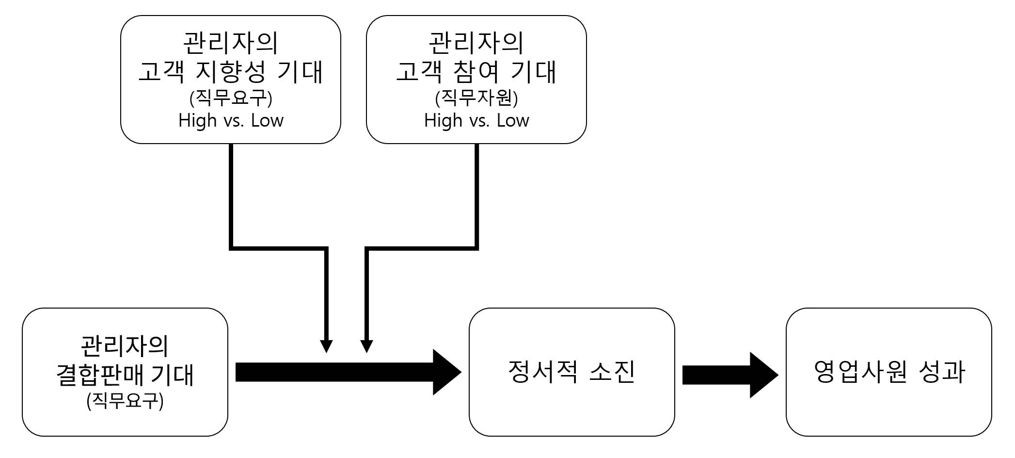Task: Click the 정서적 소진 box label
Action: [571, 373]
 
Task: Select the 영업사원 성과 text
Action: [889, 373]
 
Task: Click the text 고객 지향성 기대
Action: [231, 72]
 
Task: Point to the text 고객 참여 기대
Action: [476, 72]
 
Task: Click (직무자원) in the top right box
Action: [476, 98]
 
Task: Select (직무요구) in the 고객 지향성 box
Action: [231, 98]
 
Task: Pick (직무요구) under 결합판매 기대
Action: [125, 402]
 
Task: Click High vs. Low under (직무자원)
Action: [476, 120]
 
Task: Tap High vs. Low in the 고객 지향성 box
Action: [231, 120]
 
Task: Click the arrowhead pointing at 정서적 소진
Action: [446, 372]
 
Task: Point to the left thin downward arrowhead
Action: [326, 346]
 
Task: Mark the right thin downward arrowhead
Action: [367, 346]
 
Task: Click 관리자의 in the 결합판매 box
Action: [125, 346]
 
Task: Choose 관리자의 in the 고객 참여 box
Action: [476, 44]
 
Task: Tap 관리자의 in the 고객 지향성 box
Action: [231, 44]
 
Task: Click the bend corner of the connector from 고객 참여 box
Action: [476, 248]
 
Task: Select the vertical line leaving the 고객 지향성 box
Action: [231, 194]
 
